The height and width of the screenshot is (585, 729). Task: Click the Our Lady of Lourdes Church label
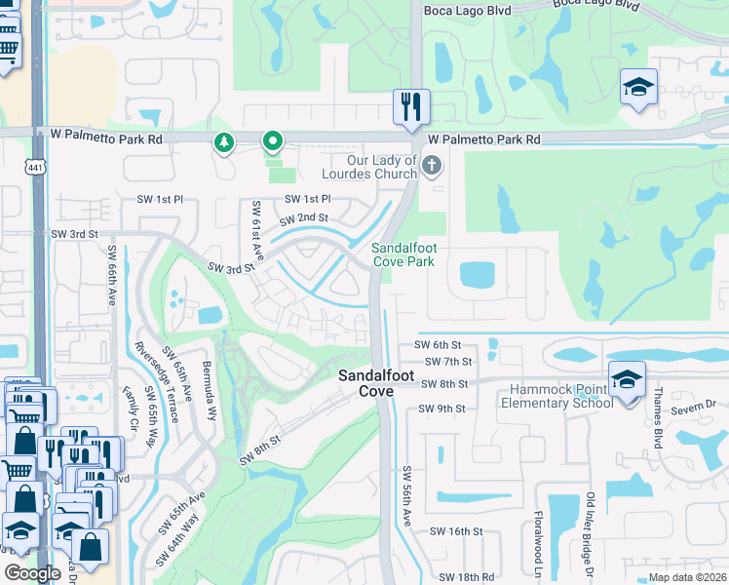[382, 167]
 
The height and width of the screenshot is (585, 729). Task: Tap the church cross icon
[431, 167]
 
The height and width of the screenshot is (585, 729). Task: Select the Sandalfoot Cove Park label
[403, 255]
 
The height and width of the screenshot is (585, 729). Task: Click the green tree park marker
[224, 143]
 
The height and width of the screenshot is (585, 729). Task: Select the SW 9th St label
[442, 408]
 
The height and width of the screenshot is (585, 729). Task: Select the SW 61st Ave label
[257, 231]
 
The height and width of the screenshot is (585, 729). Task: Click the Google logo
[32, 574]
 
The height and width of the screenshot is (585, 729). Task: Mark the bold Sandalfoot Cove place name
[365, 382]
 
